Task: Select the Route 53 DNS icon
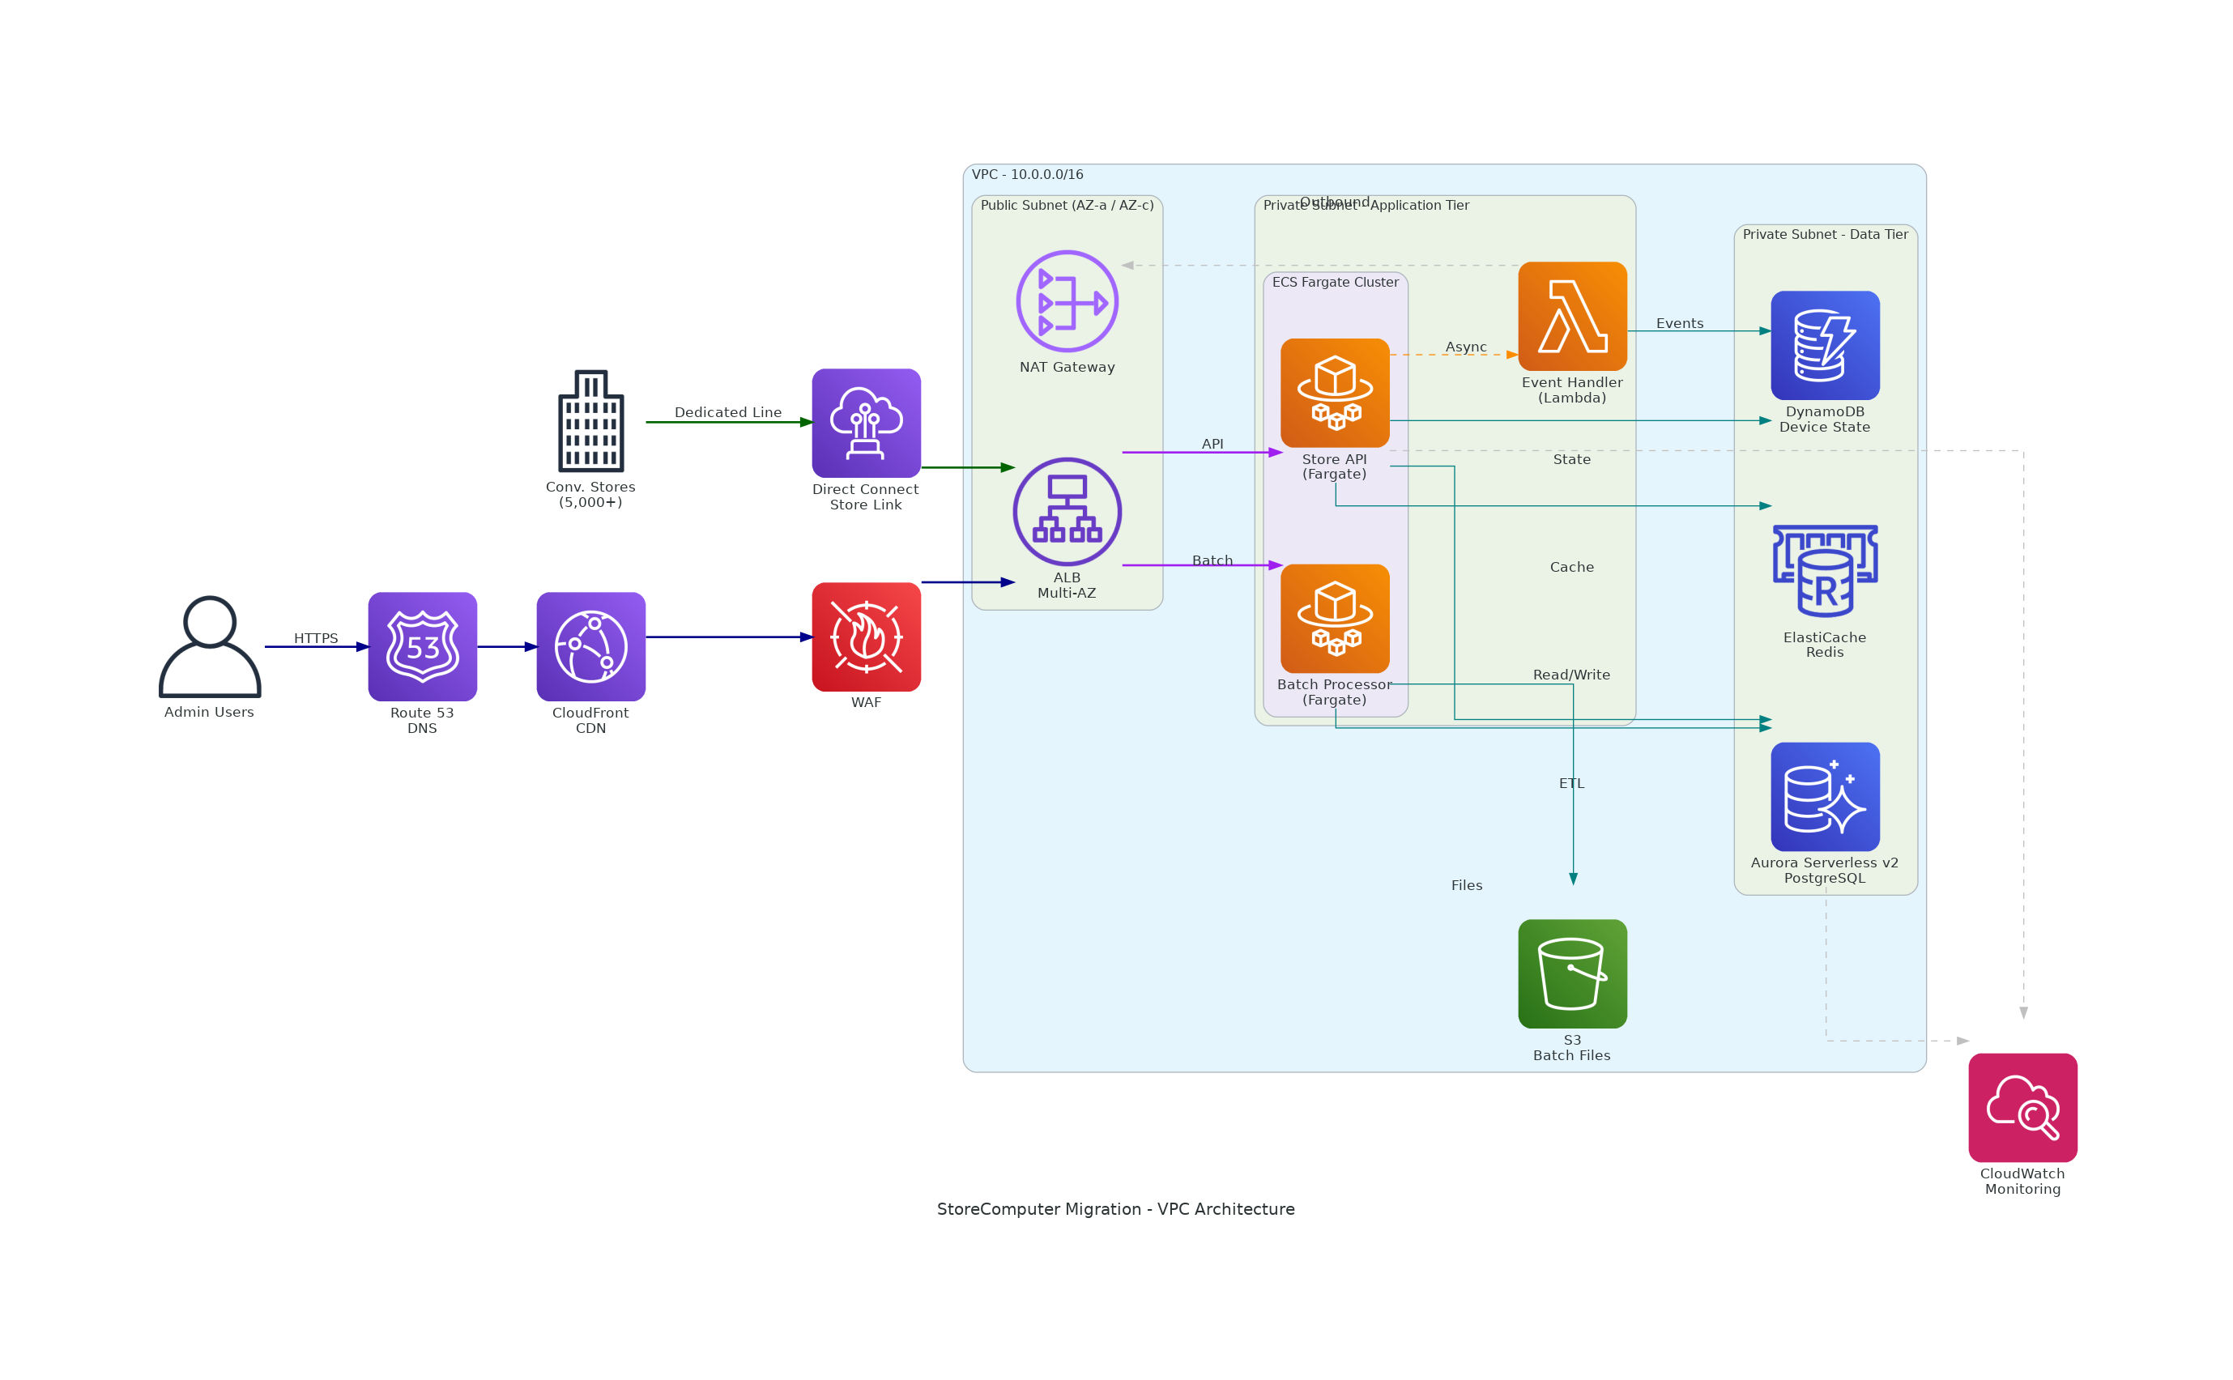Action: click(423, 646)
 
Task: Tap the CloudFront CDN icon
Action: click(590, 646)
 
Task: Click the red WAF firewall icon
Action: click(866, 637)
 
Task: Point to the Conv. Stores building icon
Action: click(590, 421)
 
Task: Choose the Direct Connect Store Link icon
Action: click(866, 423)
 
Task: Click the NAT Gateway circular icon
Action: click(1067, 301)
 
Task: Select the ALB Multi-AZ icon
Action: click(1067, 511)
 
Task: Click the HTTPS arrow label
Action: click(316, 638)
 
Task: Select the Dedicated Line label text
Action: click(727, 411)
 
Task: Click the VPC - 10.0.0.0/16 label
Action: click(1027, 174)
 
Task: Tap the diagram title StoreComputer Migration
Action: click(1115, 1208)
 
